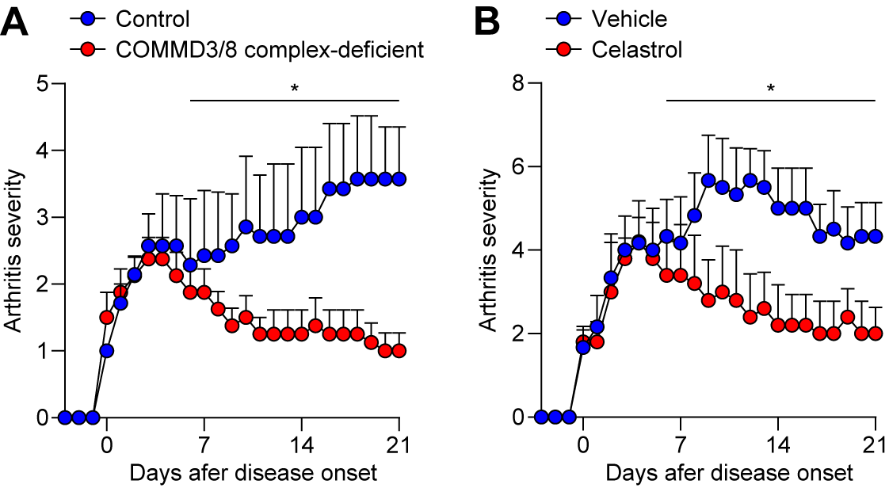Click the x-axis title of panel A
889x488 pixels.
pyautogui.click(x=251, y=473)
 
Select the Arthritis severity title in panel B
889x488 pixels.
pyautogui.click(x=491, y=250)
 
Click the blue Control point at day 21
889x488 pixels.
pyautogui.click(x=398, y=179)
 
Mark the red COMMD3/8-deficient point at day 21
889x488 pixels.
pyautogui.click(x=398, y=351)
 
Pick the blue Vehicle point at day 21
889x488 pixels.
pyautogui.click(x=876, y=236)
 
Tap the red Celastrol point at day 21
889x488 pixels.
pyautogui.click(x=876, y=334)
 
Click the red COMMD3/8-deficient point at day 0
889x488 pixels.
pyautogui.click(x=106, y=318)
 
